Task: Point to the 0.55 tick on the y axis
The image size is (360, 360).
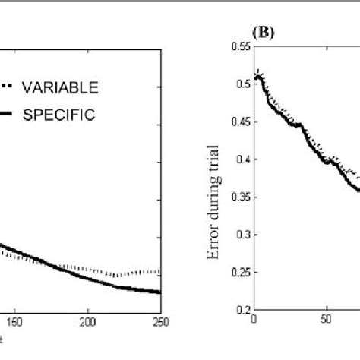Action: pyautogui.click(x=242, y=47)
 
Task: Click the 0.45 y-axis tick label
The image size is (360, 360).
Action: pyautogui.click(x=242, y=122)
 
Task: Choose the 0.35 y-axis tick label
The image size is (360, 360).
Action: pyautogui.click(x=242, y=197)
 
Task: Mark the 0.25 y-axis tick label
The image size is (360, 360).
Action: pyautogui.click(x=242, y=272)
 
